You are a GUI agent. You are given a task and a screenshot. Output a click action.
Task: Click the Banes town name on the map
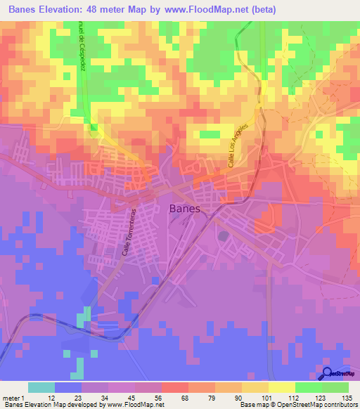coord(185,209)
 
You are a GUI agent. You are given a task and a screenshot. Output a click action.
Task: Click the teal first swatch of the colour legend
coord(41,388)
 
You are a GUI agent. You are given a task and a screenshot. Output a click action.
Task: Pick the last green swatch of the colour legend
coord(335,388)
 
